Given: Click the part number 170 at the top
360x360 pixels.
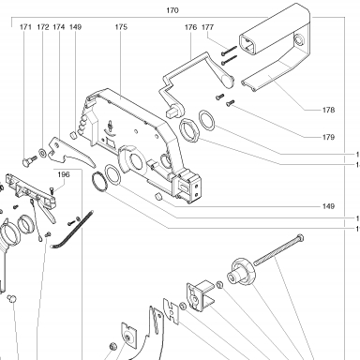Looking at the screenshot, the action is (x=172, y=10).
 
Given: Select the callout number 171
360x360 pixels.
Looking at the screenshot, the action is (x=25, y=27).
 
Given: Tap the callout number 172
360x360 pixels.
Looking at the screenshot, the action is (x=43, y=27).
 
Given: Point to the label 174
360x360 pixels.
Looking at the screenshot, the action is (x=59, y=27).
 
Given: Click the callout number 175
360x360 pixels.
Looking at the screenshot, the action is (x=121, y=27).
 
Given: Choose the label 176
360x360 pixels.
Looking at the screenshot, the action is (x=190, y=27).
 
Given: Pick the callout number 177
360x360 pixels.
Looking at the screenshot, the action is (x=207, y=27).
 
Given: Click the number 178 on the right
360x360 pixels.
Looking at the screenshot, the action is (x=328, y=110).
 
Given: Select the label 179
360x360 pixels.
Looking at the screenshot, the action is (x=328, y=137).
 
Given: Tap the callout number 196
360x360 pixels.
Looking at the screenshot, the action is (x=64, y=174).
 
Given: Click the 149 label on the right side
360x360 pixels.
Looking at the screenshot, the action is (x=328, y=206).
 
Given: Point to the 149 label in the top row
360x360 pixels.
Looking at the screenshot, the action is (x=75, y=27).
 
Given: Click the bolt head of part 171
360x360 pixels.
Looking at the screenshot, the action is (x=26, y=162).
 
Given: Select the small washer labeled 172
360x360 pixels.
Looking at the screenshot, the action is (x=42, y=152).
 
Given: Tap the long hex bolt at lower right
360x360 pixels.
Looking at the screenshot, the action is (x=278, y=249).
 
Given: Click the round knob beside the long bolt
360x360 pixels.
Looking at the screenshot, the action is (x=242, y=271).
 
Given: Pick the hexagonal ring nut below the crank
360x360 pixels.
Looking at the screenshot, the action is (x=189, y=131).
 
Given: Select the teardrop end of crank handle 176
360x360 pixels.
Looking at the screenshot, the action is (x=227, y=80).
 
